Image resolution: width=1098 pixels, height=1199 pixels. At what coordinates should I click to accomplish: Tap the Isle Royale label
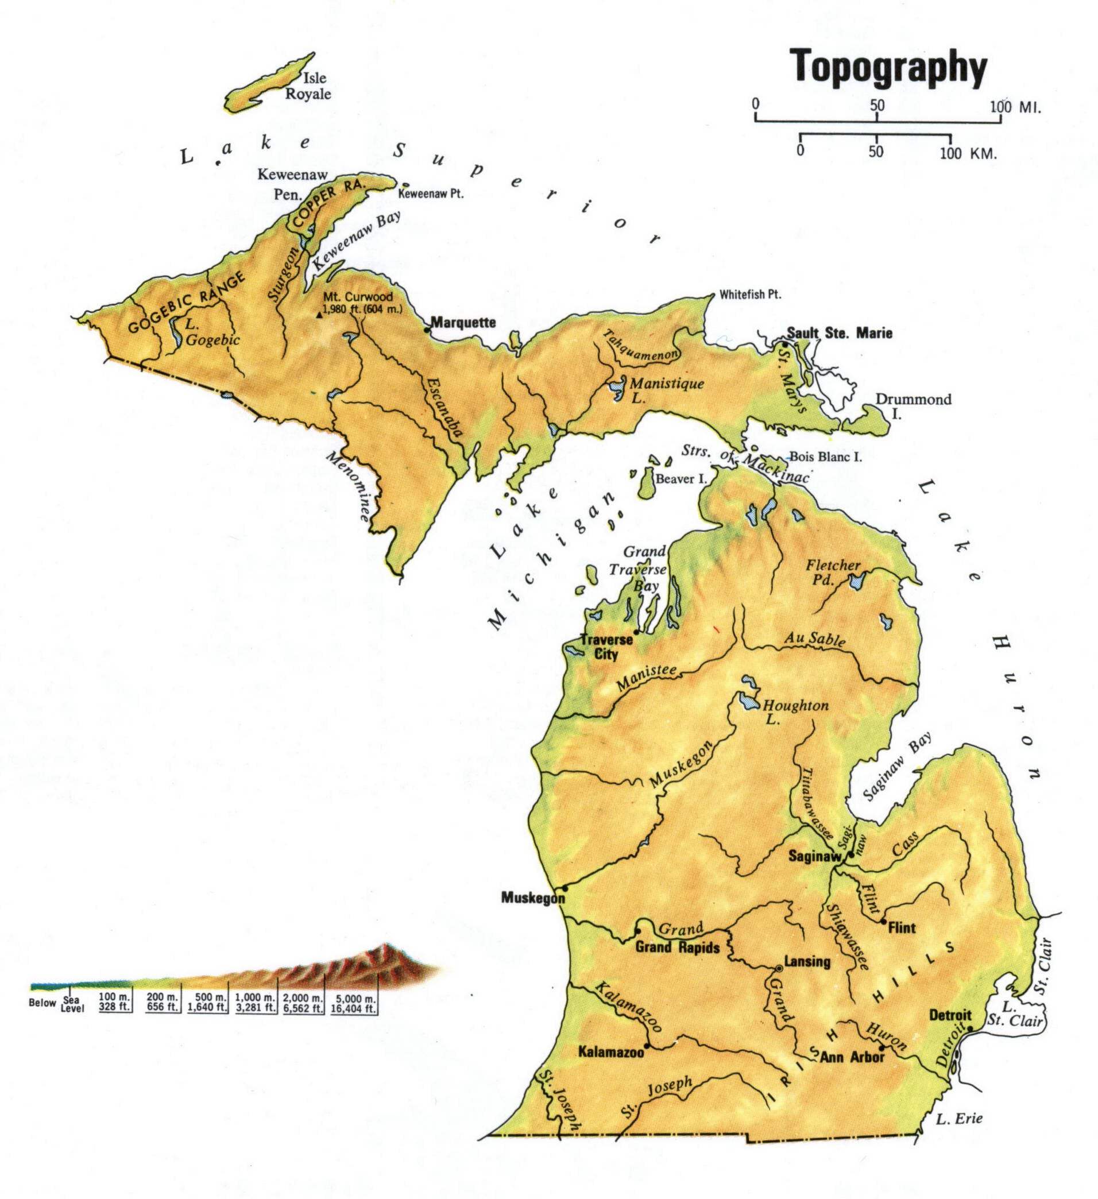(x=308, y=86)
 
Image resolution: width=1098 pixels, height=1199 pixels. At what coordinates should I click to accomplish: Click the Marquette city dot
(x=426, y=329)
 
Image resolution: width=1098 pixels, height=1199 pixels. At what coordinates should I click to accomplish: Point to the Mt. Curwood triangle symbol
(x=320, y=315)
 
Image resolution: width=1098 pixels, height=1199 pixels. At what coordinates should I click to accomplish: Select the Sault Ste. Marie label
(x=839, y=333)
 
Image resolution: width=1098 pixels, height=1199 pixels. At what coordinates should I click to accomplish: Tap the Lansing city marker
(x=779, y=968)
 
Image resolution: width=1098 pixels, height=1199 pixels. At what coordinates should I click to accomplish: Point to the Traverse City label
(x=599, y=647)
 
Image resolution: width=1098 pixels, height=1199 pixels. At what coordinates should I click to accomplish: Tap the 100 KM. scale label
(x=968, y=153)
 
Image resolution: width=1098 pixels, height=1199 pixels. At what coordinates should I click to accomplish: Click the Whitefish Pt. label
(x=750, y=295)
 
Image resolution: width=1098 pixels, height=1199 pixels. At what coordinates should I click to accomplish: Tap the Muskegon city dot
(x=565, y=888)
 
